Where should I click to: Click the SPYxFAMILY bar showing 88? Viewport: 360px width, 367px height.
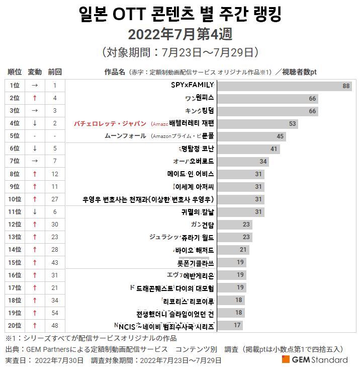pyautogui.click(x=284, y=86)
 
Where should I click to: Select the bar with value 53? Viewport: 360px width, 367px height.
pyautogui.click(x=257, y=123)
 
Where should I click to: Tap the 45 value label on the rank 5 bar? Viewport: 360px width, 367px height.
pyautogui.click(x=280, y=136)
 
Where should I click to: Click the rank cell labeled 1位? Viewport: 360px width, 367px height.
pyautogui.click(x=15, y=86)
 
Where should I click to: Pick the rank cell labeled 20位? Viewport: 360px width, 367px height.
pyautogui.click(x=15, y=326)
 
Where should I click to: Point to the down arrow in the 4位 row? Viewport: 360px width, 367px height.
pyautogui.click(x=35, y=123)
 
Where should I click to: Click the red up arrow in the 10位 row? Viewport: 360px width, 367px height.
pyautogui.click(x=35, y=199)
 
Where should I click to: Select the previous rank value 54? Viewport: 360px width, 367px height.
pyautogui.click(x=54, y=313)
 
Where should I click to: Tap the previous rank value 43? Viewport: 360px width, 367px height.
pyautogui.click(x=54, y=262)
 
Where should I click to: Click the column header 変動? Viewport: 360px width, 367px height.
pyautogui.click(x=35, y=71)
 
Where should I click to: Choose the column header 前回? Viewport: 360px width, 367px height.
pyautogui.click(x=54, y=71)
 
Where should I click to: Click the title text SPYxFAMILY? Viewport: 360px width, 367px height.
pyautogui.click(x=193, y=85)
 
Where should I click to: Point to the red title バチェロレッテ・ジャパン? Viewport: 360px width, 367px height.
pyautogui.click(x=110, y=123)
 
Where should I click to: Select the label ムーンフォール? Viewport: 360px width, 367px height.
pyautogui.click(x=125, y=136)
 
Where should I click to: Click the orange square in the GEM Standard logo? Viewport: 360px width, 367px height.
pyautogui.click(x=286, y=359)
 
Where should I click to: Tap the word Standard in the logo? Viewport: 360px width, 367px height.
pyautogui.click(x=330, y=359)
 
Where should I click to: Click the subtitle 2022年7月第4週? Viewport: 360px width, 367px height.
pyautogui.click(x=179, y=34)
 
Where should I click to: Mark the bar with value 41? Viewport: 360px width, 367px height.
pyautogui.click(x=248, y=149)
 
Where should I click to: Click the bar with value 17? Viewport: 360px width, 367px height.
pyautogui.click(x=230, y=326)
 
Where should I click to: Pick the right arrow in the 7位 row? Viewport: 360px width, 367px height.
pyautogui.click(x=35, y=161)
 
